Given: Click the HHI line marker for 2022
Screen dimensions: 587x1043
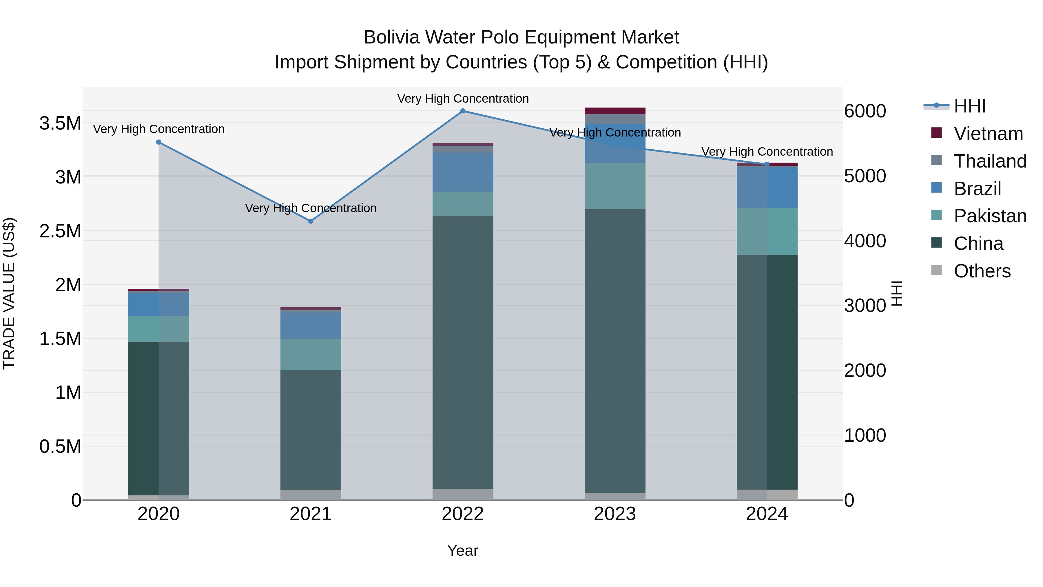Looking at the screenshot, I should (463, 111).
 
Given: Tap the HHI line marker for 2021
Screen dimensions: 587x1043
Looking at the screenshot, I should (311, 221).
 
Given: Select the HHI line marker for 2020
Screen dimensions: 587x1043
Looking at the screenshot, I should (159, 142).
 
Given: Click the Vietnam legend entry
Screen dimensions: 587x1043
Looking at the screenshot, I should (988, 134).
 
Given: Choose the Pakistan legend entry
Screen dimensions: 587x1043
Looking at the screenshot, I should (990, 216).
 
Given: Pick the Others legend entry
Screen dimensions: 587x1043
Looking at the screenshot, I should (982, 271).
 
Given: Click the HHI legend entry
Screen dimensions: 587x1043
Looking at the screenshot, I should (969, 106).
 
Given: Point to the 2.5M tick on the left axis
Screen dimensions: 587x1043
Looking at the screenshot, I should (60, 231).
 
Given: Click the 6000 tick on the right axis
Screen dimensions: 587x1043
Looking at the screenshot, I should (865, 111).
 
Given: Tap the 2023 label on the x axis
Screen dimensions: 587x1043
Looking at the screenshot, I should (615, 514).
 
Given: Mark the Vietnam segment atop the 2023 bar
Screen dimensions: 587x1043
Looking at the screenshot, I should (615, 111).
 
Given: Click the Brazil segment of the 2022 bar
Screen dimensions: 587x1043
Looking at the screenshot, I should (463, 172).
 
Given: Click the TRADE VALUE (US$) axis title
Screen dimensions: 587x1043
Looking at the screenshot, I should (9, 293).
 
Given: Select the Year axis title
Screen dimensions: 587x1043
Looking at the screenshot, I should (462, 550).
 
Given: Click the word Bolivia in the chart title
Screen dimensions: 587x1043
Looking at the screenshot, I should (391, 37).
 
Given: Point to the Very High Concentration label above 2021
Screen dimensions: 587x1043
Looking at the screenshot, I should (311, 208).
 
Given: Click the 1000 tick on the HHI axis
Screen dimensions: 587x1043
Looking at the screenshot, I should (865, 435).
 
